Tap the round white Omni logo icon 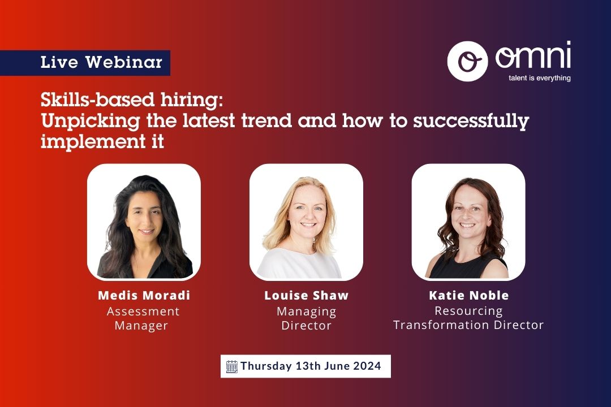(x=467, y=61)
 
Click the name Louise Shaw (x=306, y=296)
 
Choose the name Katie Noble (x=468, y=296)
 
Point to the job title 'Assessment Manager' (x=143, y=318)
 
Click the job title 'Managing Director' (x=306, y=318)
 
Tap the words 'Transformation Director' (x=468, y=325)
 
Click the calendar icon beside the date (x=232, y=366)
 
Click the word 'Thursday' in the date (x=265, y=366)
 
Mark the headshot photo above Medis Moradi (x=144, y=222)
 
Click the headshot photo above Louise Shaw (x=306, y=222)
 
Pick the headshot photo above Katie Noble (x=468, y=222)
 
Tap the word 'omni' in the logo (x=532, y=57)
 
